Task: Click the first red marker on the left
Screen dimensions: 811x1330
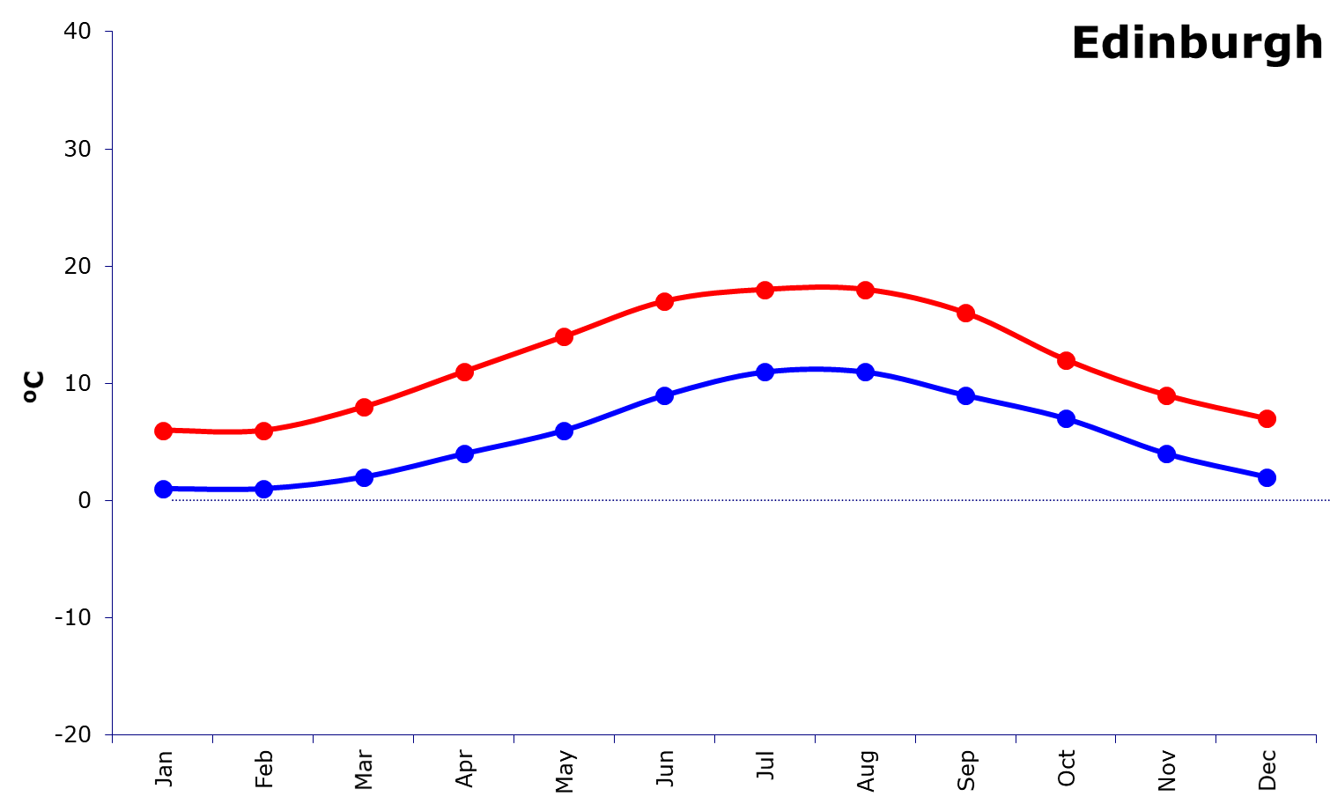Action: (163, 431)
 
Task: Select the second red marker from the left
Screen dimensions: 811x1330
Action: (263, 431)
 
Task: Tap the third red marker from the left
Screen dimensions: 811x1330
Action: (364, 407)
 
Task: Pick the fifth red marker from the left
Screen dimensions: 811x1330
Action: (565, 336)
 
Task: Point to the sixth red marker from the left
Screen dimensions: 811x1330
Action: (665, 301)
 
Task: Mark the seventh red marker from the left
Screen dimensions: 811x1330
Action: (765, 290)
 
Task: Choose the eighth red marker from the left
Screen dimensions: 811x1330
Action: (866, 290)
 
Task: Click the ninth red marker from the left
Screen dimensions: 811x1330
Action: (966, 313)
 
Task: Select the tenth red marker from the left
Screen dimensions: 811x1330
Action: (1067, 360)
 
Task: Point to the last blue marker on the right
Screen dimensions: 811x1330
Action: (1267, 477)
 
